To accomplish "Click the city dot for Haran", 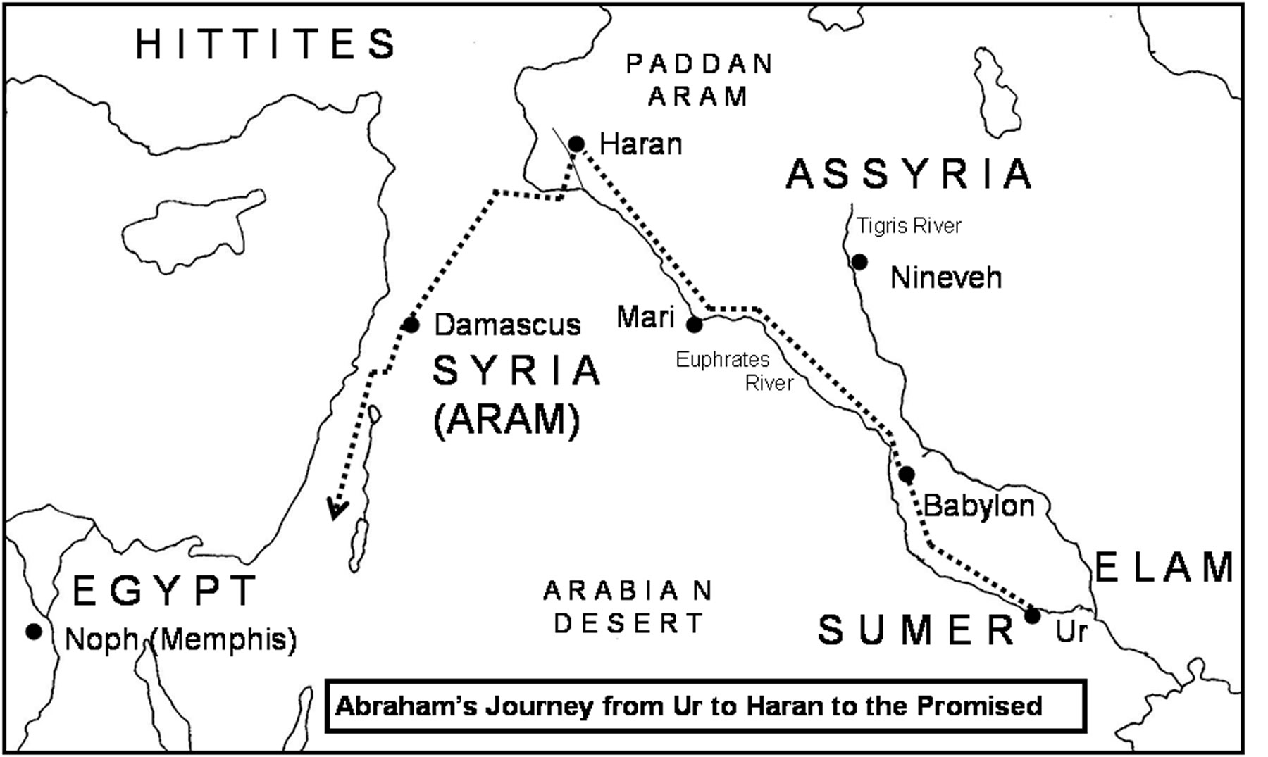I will (x=576, y=144).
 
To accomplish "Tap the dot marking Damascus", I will (x=411, y=325).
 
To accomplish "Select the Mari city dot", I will (x=695, y=325).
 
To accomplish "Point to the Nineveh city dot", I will (x=859, y=262).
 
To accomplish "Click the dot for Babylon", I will (x=907, y=475).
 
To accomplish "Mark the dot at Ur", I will (x=1032, y=616).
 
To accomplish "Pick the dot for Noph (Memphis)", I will (x=34, y=631).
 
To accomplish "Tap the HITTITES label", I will (x=266, y=44).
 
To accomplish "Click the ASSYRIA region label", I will (x=909, y=174).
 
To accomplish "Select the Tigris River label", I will (x=909, y=226).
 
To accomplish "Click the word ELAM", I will (x=1164, y=568).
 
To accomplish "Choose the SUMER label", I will (x=916, y=630).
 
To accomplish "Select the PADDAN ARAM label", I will (x=699, y=80).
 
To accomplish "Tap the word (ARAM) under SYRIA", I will (x=506, y=420).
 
